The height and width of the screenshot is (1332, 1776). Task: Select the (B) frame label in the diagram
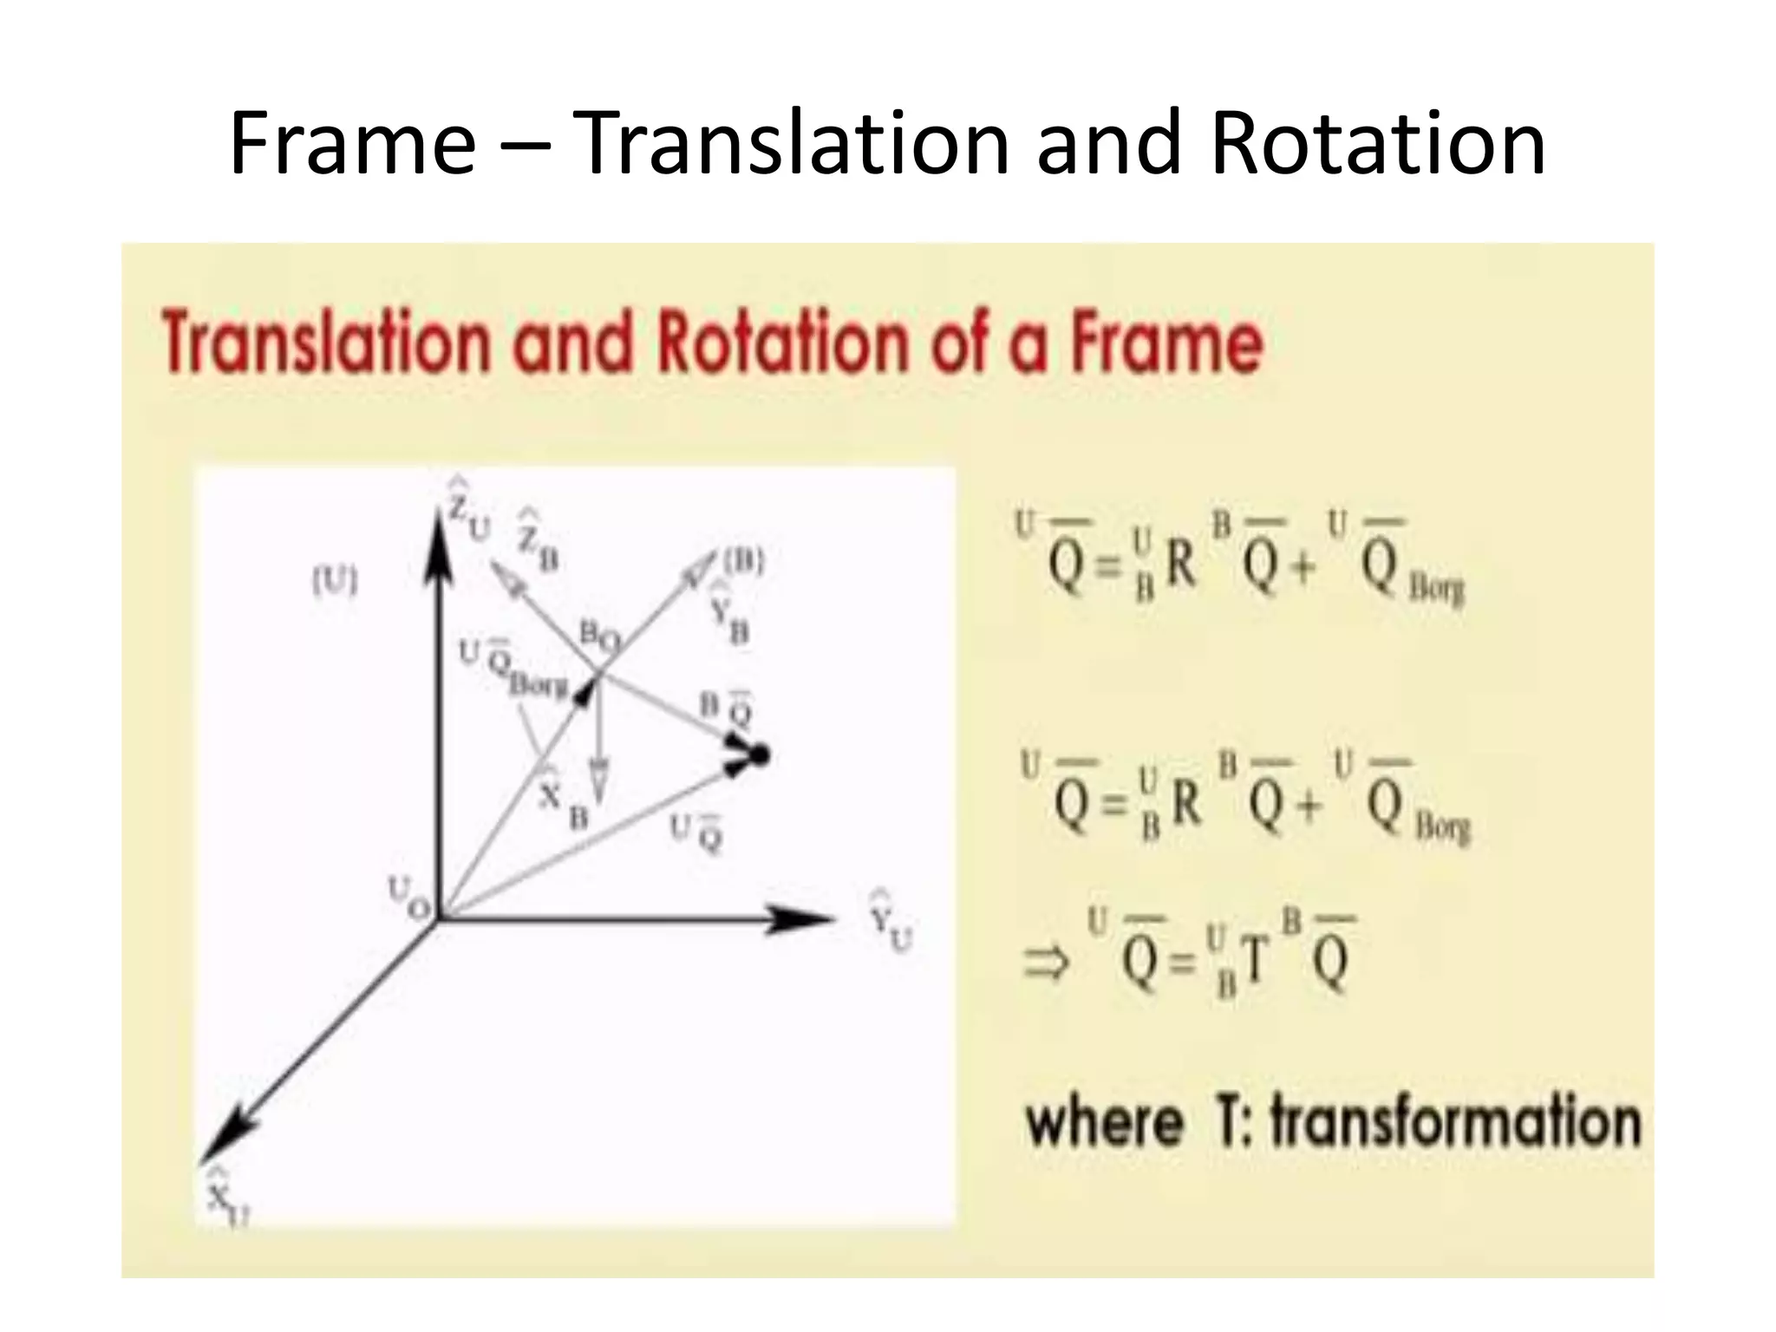point(743,563)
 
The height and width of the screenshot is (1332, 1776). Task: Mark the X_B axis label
point(560,801)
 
